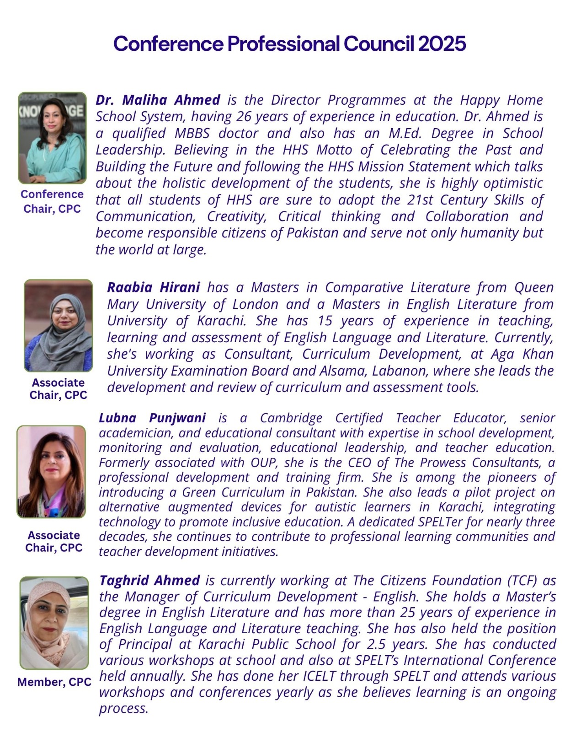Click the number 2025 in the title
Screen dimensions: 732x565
(442, 44)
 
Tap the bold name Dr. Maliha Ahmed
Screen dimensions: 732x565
(158, 100)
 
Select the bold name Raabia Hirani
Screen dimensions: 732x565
(153, 287)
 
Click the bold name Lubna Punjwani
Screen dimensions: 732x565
(152, 418)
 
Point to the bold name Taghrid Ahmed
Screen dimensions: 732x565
(149, 580)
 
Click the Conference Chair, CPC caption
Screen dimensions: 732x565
(52, 201)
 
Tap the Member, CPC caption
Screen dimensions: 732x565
(54, 682)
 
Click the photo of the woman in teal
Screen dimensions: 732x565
(52, 138)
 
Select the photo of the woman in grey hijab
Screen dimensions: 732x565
(58, 325)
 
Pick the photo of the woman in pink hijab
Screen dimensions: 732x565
(54, 623)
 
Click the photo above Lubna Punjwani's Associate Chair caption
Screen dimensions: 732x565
(51, 472)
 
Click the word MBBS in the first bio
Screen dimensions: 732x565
(192, 133)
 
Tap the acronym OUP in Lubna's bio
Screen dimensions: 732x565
(264, 463)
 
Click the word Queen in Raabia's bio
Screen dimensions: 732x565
(534, 287)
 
